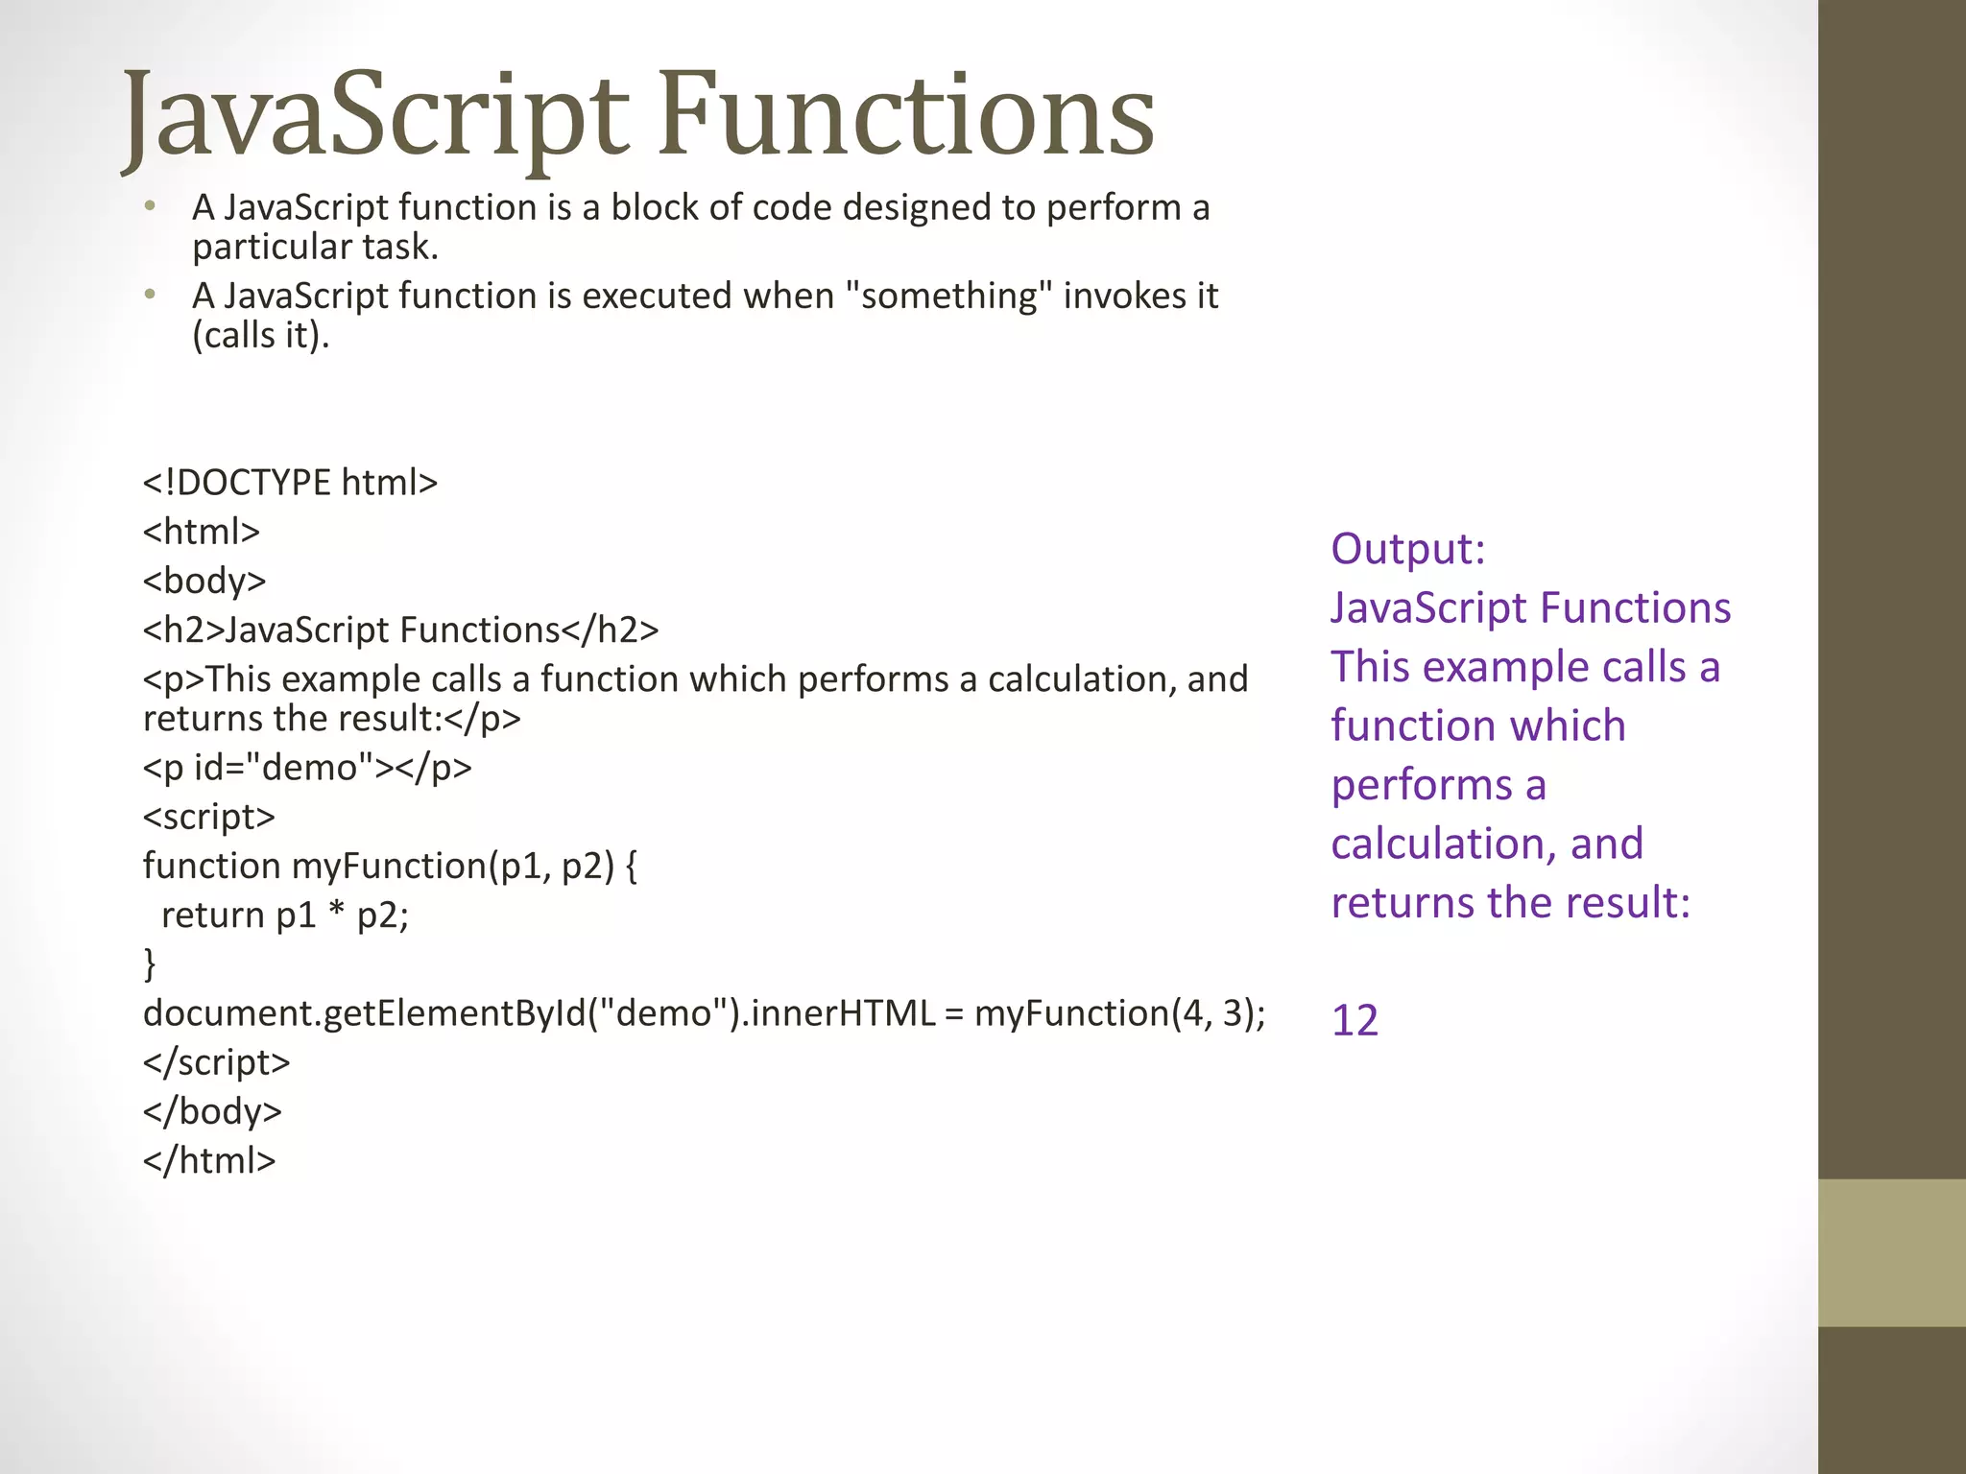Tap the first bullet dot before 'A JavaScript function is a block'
[x=150, y=206]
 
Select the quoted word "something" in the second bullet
[x=948, y=296]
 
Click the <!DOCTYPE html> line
[x=290, y=483]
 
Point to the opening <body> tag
[x=204, y=581]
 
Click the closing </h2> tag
[x=610, y=630]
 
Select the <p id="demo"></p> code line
[x=307, y=768]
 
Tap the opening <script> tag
[x=209, y=817]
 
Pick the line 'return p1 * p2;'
[x=285, y=915]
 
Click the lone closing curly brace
[x=149, y=963]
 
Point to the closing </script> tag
[x=216, y=1062]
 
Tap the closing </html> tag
[x=209, y=1160]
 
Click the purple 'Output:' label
[x=1407, y=549]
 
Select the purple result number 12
[x=1355, y=1020]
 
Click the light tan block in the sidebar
[x=1891, y=1252]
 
